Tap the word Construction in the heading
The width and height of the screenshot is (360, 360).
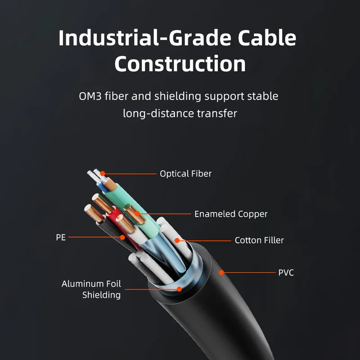(x=180, y=64)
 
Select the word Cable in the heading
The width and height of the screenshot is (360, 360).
(x=267, y=37)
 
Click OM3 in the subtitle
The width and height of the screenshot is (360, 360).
(x=90, y=96)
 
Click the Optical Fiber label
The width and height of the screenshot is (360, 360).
(x=186, y=174)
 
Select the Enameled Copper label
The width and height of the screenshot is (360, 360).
(x=231, y=214)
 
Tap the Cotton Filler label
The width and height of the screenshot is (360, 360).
(x=259, y=240)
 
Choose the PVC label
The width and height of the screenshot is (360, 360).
(x=286, y=273)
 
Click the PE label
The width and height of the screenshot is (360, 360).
(x=61, y=238)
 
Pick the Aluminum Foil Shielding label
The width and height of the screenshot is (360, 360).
(x=91, y=289)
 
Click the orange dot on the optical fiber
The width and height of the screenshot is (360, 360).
(x=103, y=174)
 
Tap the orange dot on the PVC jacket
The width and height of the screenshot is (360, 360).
(x=221, y=273)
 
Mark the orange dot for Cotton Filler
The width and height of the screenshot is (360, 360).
(x=177, y=240)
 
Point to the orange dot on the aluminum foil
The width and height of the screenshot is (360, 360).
(x=179, y=289)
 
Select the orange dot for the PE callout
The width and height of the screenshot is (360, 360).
(x=122, y=238)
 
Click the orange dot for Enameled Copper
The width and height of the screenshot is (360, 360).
(x=137, y=214)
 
